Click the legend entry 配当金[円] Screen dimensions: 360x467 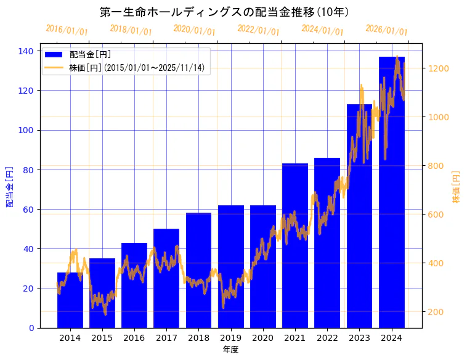(90, 55)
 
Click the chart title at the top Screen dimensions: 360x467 (224, 12)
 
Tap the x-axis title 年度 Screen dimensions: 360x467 (230, 350)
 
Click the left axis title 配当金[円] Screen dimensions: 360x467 (10, 187)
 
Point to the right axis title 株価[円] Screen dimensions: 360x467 (456, 187)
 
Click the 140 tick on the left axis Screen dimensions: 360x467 (26, 51)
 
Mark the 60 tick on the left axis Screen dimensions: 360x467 (28, 209)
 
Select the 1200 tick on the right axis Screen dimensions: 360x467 (439, 68)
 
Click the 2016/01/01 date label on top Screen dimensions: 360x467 (67, 30)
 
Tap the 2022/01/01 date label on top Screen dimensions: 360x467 (258, 30)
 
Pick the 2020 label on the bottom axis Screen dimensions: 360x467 (262, 338)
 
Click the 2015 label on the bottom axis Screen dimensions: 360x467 (102, 338)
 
